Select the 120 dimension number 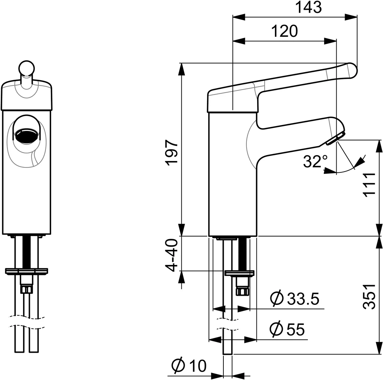(284, 31)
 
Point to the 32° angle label (315, 162)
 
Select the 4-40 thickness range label (172, 255)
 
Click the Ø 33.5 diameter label (294, 299)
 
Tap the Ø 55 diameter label (287, 329)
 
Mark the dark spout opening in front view (26, 136)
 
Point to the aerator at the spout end (335, 138)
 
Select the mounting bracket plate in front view (27, 271)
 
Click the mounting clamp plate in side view (239, 273)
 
